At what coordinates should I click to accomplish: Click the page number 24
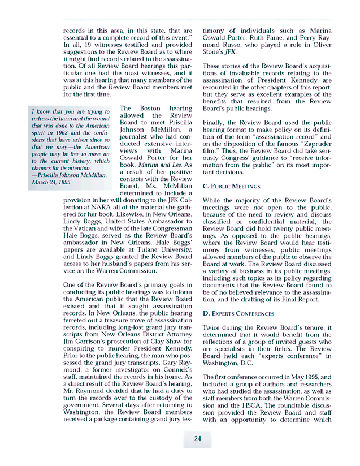[x=197, y=439]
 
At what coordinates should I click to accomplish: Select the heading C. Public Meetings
[x=232, y=186]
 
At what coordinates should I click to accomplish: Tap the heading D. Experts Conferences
[x=238, y=313]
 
